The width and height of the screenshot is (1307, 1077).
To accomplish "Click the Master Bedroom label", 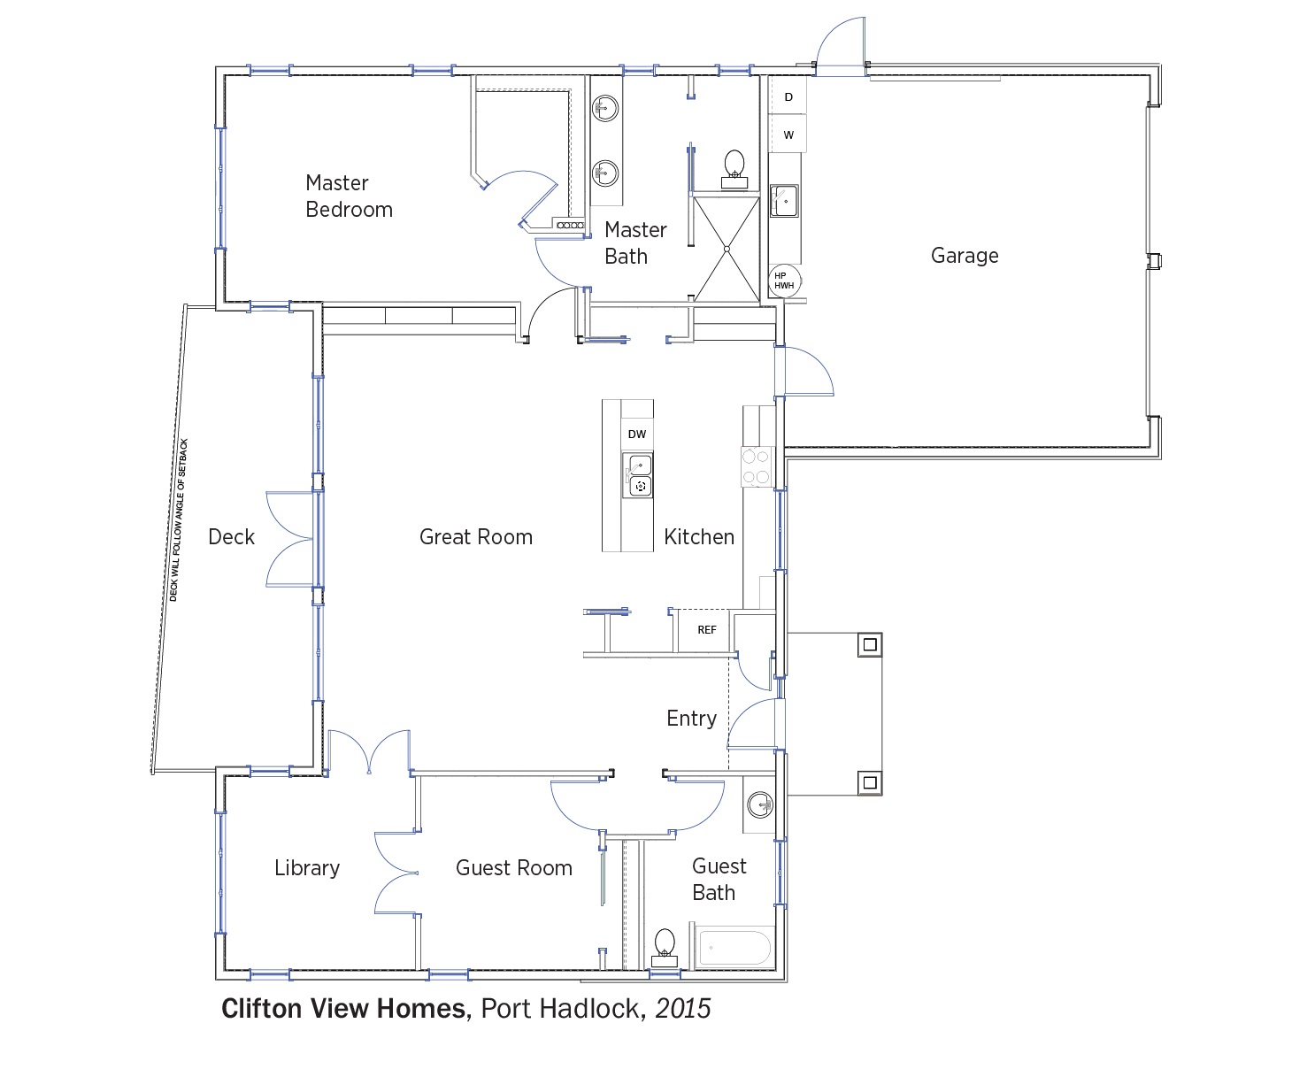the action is pos(350,196).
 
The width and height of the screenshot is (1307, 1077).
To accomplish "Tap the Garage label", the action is pos(965,256).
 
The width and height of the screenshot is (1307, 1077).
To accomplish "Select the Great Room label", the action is pos(476,536).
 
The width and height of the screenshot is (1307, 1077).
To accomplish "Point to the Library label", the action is pos(307,868).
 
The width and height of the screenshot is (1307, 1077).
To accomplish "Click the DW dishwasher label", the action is pos(637,434).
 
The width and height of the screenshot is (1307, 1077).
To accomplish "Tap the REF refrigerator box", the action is pos(704,630).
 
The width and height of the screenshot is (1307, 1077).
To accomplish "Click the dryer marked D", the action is pos(788,96).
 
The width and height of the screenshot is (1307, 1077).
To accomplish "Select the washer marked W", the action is pos(788,134).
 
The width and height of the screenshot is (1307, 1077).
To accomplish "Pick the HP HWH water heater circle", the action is pos(784,281).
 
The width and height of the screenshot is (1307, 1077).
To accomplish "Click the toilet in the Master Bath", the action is pos(734,169).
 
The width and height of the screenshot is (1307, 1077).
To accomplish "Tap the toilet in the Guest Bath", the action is pos(665,948).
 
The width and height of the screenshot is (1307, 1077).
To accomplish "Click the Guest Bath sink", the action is pos(760,804).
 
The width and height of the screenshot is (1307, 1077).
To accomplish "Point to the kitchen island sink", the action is pos(638,475).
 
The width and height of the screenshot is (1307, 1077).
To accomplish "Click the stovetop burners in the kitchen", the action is pos(757,466).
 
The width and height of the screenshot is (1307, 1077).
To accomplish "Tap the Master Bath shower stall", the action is pos(727,250).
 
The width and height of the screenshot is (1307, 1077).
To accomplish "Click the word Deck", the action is pos(231,536).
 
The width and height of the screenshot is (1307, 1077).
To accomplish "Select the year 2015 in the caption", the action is pos(683,1009).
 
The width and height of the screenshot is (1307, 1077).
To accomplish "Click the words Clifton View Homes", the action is pos(346,1009).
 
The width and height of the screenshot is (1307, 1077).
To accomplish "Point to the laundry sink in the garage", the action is pos(784,201).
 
